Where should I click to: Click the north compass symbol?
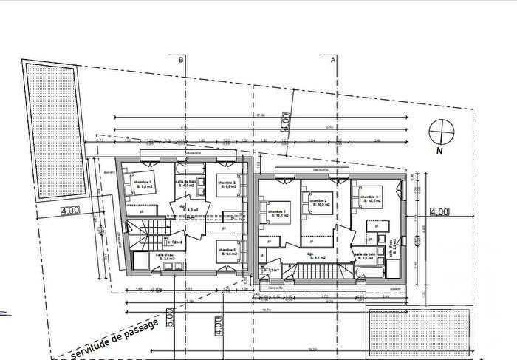[x=440, y=133]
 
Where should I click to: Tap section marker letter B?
[x=179, y=58]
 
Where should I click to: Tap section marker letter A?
[x=333, y=58]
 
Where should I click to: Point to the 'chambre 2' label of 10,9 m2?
[x=318, y=201]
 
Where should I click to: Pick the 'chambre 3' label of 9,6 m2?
[x=226, y=252]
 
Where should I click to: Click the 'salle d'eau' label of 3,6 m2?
[x=165, y=257]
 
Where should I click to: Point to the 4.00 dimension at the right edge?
[x=439, y=211]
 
